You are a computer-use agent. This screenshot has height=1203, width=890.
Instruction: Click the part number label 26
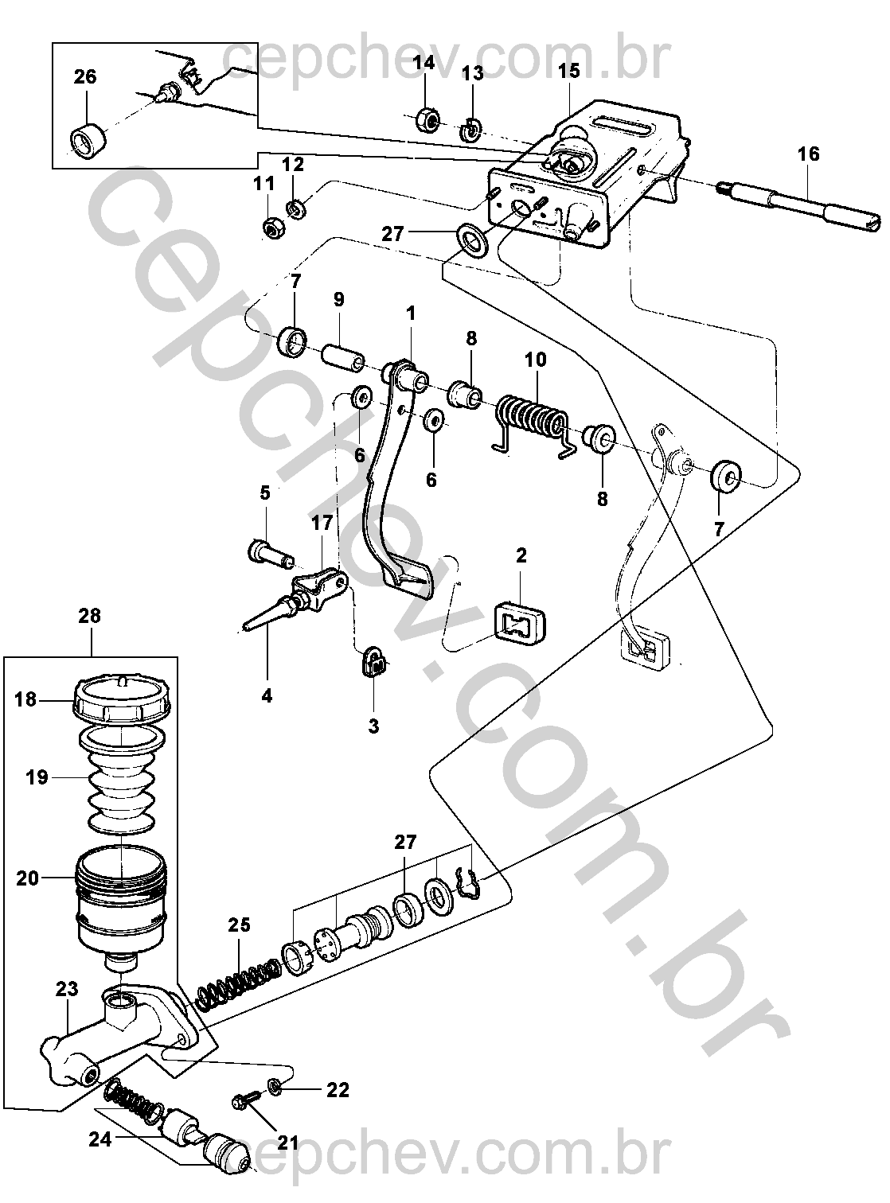(x=85, y=76)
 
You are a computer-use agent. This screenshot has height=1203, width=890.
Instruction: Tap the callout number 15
(x=569, y=70)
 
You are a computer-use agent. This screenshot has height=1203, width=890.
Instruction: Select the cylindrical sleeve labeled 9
(x=342, y=356)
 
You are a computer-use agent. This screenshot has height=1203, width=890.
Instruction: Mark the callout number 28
(x=90, y=615)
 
